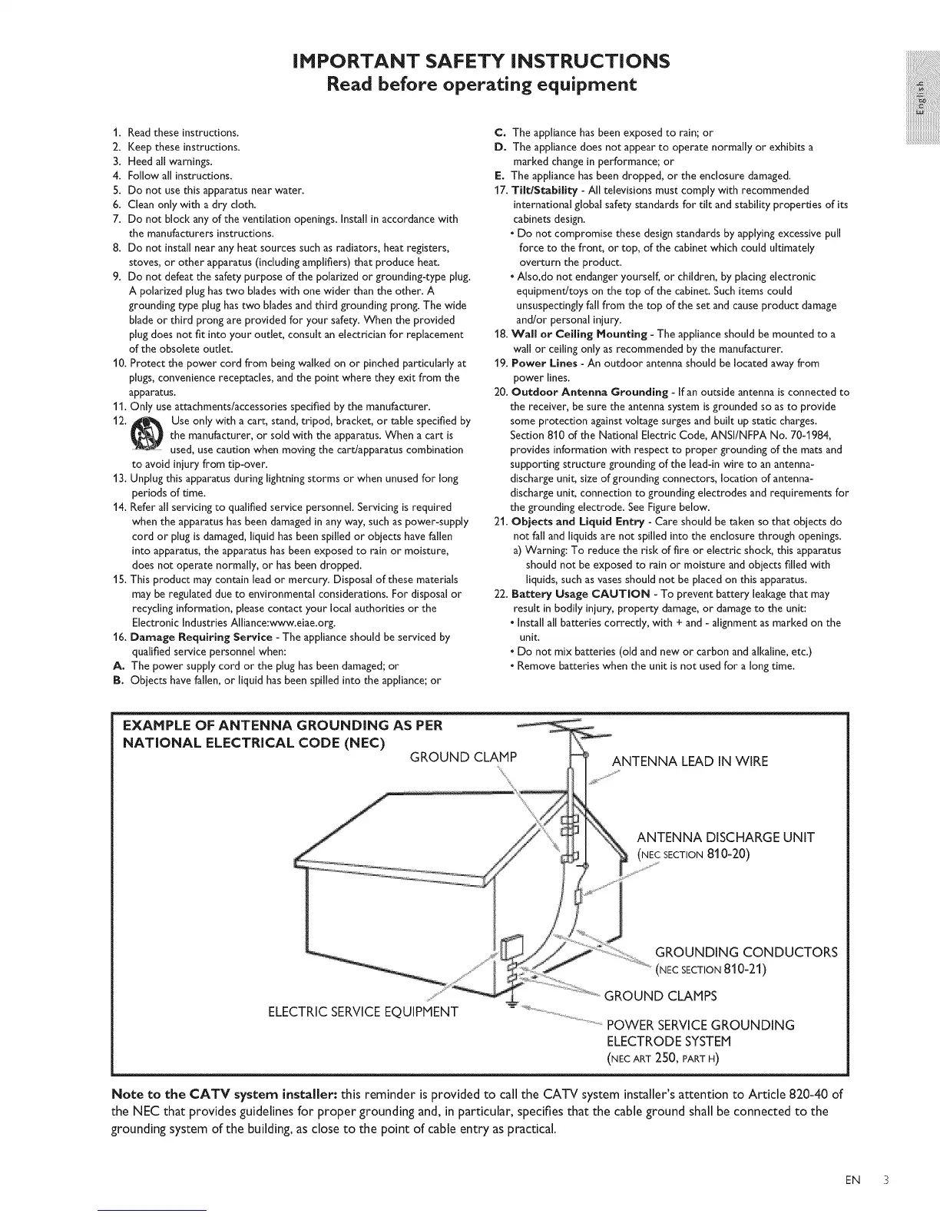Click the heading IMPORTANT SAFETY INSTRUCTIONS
[470, 60]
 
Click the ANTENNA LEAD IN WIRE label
[689, 761]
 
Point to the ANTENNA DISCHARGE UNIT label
[725, 837]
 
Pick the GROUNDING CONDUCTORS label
[746, 952]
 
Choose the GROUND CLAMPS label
[660, 996]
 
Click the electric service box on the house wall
[511, 947]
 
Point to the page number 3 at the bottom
[883, 1180]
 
